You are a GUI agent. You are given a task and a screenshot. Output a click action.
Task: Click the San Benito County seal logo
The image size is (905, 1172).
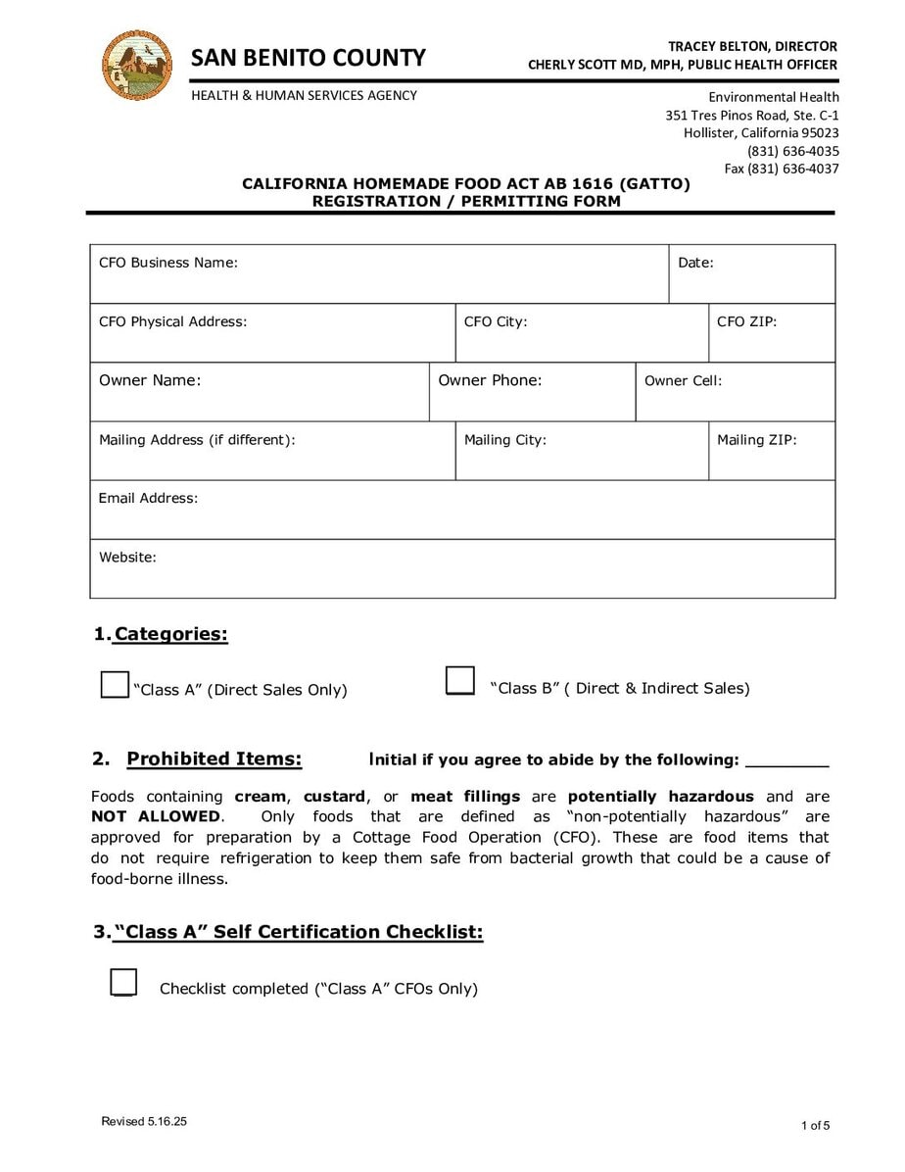coord(137,65)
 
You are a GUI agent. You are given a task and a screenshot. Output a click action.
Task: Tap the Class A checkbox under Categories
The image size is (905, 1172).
coord(115,684)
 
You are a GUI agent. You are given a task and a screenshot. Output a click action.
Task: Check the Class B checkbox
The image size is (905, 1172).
coord(460,680)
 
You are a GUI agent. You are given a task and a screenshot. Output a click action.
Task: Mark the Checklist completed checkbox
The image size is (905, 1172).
coord(123,982)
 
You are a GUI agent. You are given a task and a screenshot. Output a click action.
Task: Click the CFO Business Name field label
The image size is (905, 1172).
coord(168,263)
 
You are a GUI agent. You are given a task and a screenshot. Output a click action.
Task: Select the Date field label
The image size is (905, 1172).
coord(695,263)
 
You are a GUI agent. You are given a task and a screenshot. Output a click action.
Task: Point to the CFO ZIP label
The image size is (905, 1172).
coord(746,321)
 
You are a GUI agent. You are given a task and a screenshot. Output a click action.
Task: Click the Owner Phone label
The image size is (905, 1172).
coord(490,380)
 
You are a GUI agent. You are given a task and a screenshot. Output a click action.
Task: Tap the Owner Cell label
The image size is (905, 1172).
coord(683,380)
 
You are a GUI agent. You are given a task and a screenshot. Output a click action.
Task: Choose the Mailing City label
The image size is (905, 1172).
coord(504,440)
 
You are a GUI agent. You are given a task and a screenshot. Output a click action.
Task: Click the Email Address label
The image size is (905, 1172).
coord(148,498)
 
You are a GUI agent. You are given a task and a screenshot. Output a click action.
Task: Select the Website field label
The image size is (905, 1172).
coord(127,557)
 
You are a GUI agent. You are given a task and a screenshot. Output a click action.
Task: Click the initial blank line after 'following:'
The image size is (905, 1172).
coord(786,760)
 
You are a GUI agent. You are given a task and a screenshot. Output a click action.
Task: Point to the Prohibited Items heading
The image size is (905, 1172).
coord(214,759)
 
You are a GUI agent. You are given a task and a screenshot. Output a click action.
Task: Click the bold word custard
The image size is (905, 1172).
coord(334,797)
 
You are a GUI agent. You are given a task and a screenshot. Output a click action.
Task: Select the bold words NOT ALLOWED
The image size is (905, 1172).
coord(156,816)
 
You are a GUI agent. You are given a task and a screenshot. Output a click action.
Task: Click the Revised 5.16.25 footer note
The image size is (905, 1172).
coord(144,1122)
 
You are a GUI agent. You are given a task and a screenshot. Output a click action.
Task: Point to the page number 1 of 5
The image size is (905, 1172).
coord(814,1125)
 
